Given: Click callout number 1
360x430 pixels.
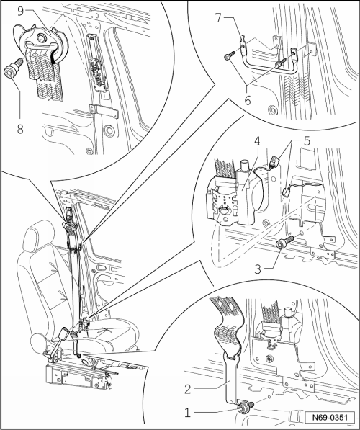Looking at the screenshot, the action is tap(187, 412).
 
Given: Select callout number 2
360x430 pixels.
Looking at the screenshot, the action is tap(187, 389).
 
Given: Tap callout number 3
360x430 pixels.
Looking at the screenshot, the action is tap(258, 269).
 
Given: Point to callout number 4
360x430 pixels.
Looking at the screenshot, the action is tap(257, 141).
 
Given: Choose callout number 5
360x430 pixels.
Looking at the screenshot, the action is tap(307, 141).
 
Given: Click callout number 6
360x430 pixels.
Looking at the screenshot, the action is tap(248, 101).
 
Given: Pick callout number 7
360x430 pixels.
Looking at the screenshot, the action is tap(219, 18).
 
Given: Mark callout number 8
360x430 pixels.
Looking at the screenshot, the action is tap(20, 129).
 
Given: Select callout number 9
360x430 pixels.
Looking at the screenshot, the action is tap(21, 11).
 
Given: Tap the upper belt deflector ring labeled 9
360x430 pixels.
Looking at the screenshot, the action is tap(40, 40).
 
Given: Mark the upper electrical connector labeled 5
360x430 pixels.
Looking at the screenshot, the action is tap(275, 161).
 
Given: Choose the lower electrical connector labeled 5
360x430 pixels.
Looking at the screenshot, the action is tap(286, 191).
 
